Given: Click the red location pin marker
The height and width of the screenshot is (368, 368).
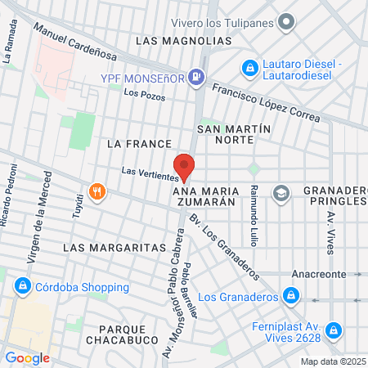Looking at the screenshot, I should [x=185, y=166].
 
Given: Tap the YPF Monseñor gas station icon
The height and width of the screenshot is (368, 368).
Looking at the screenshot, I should [x=196, y=78].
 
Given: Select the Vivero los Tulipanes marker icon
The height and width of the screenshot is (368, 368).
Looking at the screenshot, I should [x=286, y=22].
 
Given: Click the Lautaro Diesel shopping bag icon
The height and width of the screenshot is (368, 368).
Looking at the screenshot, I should [x=249, y=67].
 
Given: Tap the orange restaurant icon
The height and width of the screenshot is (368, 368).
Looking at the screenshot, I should [x=97, y=192].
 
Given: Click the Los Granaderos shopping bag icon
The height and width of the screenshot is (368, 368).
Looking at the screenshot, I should [x=289, y=296].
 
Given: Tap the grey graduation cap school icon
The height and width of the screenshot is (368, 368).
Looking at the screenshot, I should [x=281, y=193].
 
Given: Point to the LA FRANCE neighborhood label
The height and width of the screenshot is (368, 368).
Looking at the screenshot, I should [x=138, y=143].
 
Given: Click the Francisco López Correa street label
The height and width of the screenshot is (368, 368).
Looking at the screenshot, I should [x=266, y=103].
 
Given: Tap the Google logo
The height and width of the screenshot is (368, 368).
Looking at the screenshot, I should [x=27, y=357].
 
